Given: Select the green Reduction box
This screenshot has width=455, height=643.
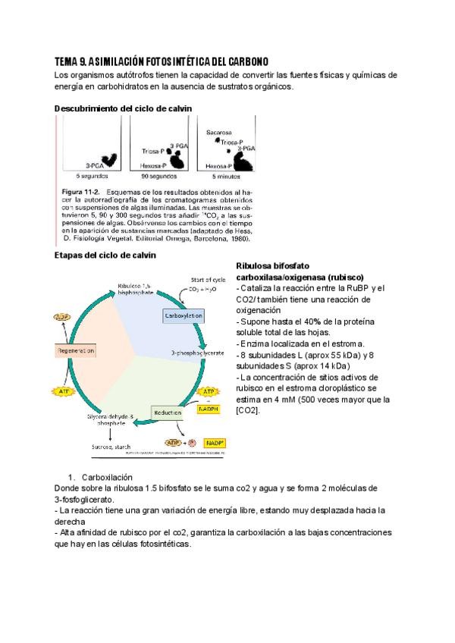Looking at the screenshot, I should pos(168,412).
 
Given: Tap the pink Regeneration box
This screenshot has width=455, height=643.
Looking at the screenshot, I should pos(76,351).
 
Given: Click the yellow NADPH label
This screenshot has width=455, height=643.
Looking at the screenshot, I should pos(209,409).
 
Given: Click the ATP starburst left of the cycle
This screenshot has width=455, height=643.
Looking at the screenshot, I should pos(62,391).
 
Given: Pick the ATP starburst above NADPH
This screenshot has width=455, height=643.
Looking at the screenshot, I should pos(208,391).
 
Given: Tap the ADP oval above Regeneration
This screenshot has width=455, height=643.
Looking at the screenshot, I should pos(62,318).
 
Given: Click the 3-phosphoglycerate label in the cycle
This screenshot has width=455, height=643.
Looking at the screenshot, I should pos(196,353).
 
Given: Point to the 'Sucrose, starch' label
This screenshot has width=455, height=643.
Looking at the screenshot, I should pos(112,448).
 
